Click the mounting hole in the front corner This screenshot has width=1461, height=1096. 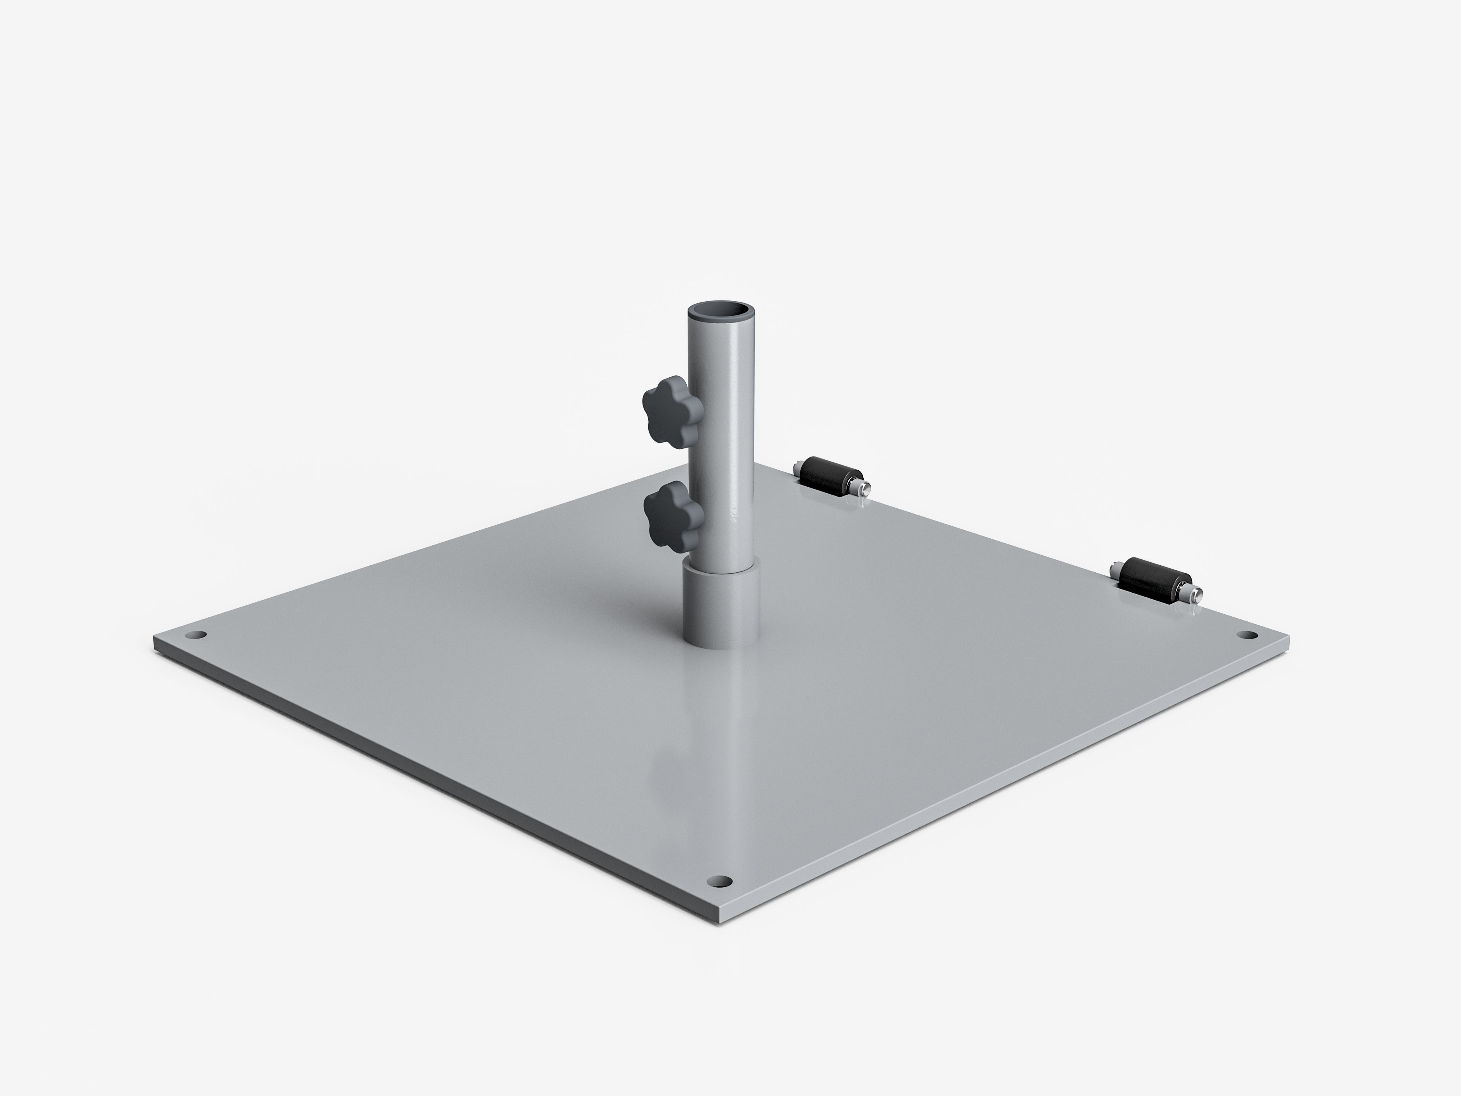coord(720,881)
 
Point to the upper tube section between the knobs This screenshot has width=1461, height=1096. coord(720,456)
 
